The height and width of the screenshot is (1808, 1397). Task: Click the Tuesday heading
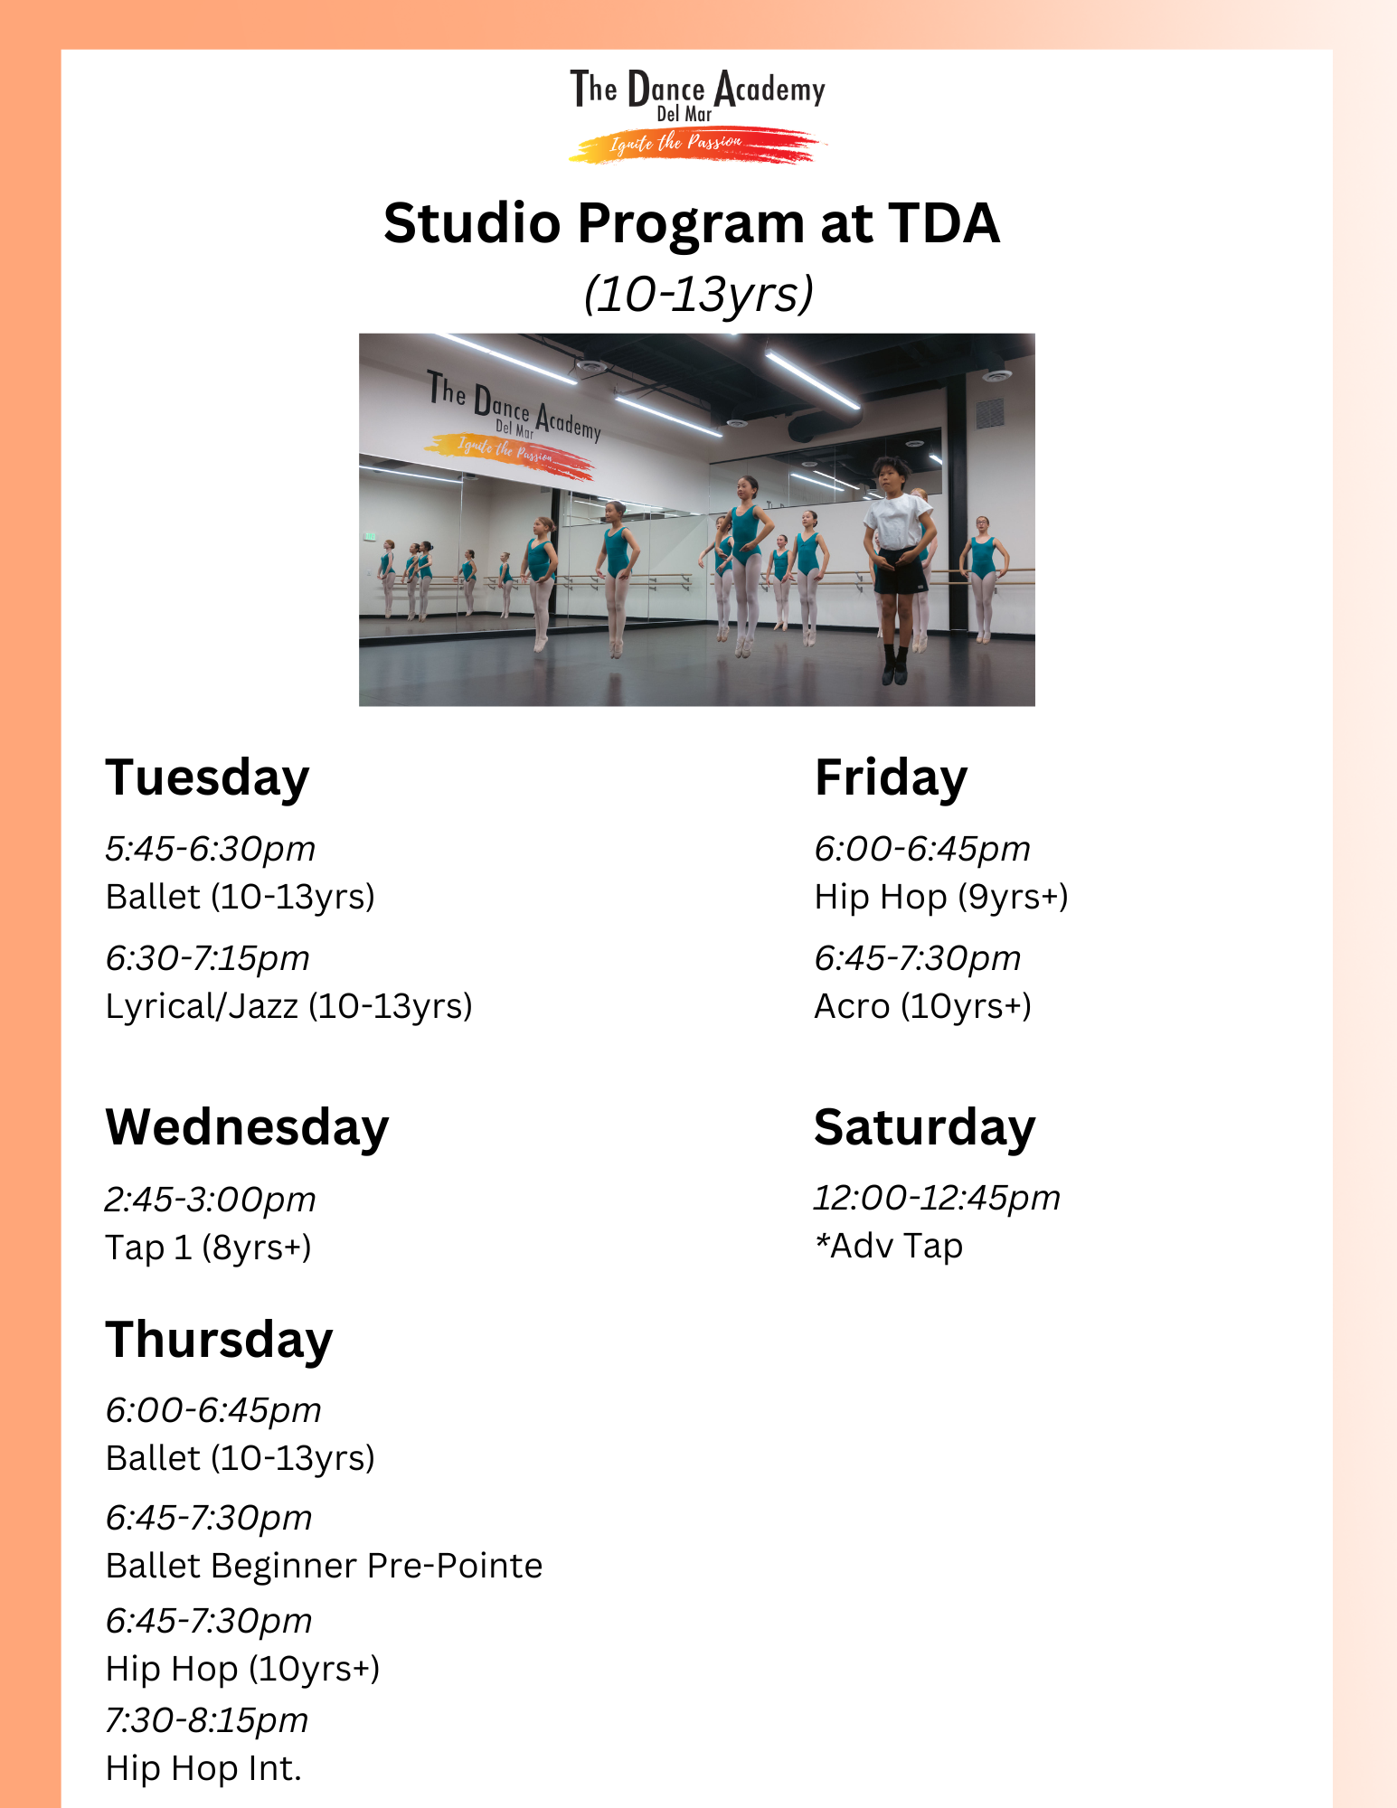(x=207, y=779)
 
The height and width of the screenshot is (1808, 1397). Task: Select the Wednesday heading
(x=247, y=1128)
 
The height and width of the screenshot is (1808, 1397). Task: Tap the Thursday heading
(x=219, y=1341)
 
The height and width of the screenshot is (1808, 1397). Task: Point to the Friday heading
(x=891, y=777)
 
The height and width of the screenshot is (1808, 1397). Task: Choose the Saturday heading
(x=924, y=1128)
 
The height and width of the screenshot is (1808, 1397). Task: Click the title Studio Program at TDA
(x=692, y=223)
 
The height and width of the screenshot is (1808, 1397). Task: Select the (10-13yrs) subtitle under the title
(x=698, y=294)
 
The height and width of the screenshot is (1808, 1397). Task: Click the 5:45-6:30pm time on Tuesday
(x=210, y=849)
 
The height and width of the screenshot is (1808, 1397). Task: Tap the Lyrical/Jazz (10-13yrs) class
(x=288, y=1006)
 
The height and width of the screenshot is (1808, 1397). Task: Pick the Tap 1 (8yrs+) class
(x=208, y=1248)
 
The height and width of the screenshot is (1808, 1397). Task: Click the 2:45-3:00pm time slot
(x=210, y=1200)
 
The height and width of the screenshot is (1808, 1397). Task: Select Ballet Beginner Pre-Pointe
(x=324, y=1566)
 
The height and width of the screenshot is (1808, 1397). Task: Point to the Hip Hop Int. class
(x=203, y=1768)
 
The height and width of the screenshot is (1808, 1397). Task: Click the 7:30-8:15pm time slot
(x=206, y=1720)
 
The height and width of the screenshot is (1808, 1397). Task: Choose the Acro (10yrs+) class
(x=922, y=1006)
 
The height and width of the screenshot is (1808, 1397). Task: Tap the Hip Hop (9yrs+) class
(x=941, y=897)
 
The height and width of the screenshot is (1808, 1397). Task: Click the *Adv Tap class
(x=888, y=1246)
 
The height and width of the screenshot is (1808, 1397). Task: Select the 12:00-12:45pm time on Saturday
(x=937, y=1198)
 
